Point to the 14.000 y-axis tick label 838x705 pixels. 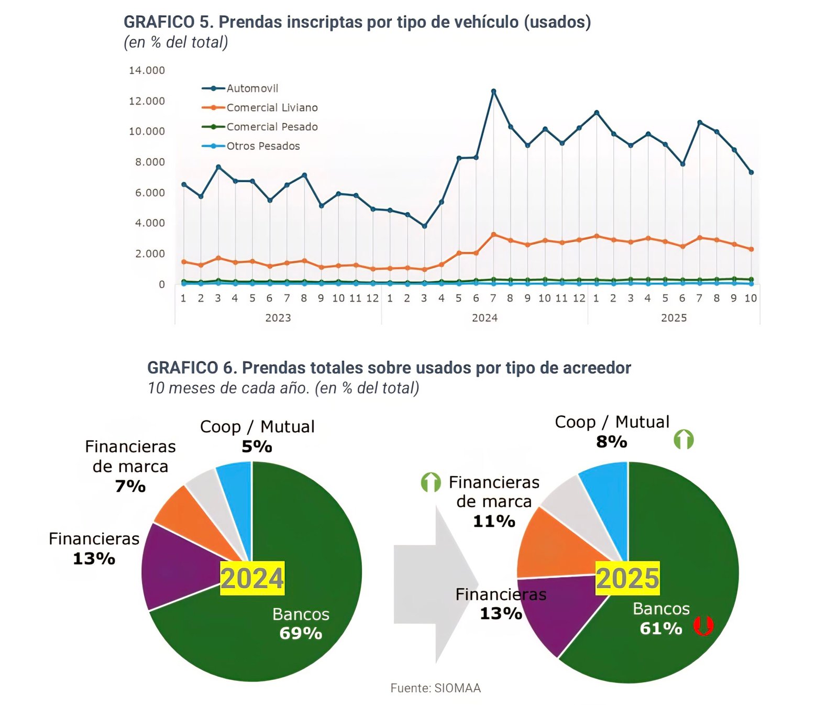[x=147, y=70]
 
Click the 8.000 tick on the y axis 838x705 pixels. [x=150, y=162]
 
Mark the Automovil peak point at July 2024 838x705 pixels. [x=493, y=91]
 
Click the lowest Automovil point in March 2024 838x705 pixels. [x=424, y=226]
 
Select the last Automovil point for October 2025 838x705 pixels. [x=751, y=172]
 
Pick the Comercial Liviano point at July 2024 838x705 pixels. [x=493, y=235]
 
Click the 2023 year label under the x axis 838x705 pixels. [x=278, y=318]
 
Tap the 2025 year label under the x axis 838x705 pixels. [x=674, y=318]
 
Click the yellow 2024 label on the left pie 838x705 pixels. [x=252, y=578]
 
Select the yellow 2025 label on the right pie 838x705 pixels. [x=627, y=578]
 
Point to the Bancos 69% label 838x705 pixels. [x=301, y=624]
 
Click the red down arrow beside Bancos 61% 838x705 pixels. [x=703, y=626]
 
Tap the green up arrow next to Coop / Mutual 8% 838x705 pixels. [x=683, y=439]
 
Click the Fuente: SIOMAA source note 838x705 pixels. [x=435, y=688]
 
